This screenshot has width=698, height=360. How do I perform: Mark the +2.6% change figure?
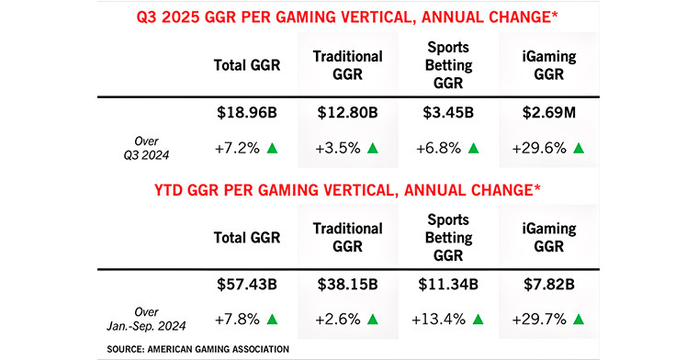(x=337, y=319)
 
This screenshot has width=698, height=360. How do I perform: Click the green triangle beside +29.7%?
(x=579, y=319)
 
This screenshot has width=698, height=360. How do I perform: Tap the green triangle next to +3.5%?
(x=373, y=148)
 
